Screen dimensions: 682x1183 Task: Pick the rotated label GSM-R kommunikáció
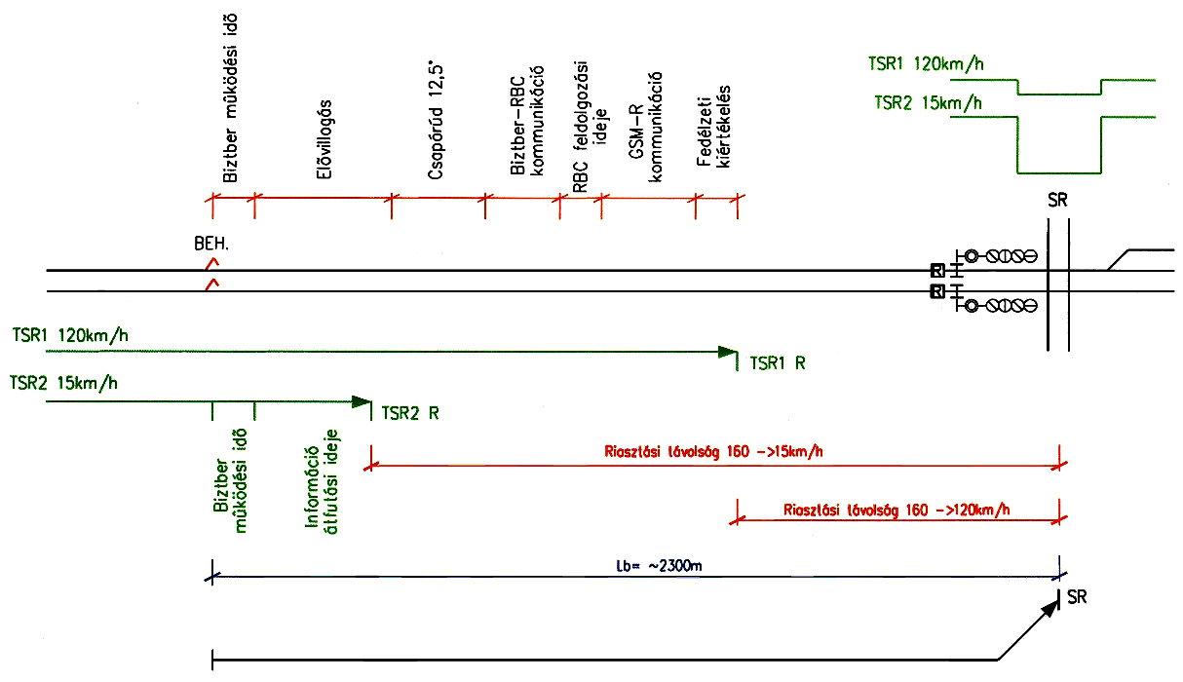tap(644, 128)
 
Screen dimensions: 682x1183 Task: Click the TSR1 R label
tap(778, 363)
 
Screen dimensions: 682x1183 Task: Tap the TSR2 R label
tap(411, 413)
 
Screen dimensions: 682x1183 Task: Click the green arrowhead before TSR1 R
tap(726, 352)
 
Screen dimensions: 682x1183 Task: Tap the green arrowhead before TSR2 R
tap(362, 401)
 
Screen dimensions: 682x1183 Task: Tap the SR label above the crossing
tap(1057, 201)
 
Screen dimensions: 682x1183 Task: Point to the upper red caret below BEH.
tap(211, 263)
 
